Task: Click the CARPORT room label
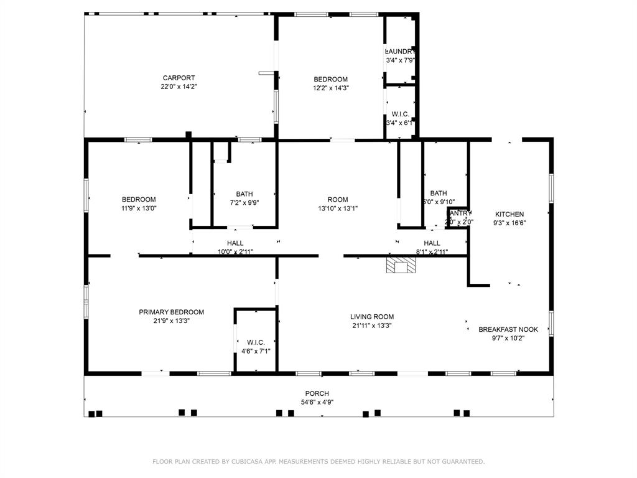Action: tap(179, 78)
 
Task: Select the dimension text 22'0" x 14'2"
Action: tap(179, 87)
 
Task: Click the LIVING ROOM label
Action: tap(372, 317)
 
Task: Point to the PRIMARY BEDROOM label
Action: tap(171, 312)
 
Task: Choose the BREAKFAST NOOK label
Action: tap(508, 329)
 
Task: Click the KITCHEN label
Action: tap(509, 214)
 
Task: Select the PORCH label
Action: tap(317, 393)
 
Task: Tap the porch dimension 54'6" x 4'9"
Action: tap(317, 402)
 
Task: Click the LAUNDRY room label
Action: tap(400, 52)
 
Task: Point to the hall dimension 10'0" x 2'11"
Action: tap(235, 252)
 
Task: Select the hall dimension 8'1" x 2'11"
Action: tap(432, 252)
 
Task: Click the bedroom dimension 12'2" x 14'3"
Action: tap(330, 88)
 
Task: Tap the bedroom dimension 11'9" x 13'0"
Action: tap(139, 209)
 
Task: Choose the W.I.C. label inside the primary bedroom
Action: tap(256, 342)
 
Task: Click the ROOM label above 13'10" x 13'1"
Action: tap(338, 200)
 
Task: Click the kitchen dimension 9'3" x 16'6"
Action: tap(509, 223)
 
